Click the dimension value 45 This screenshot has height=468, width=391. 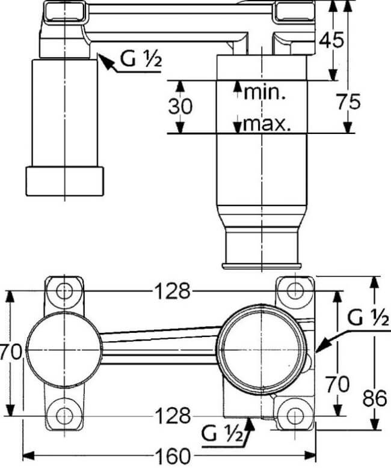[x=331, y=40]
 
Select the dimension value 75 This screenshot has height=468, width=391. [x=348, y=102]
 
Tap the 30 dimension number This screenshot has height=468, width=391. [x=180, y=106]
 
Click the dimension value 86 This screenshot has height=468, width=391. [x=375, y=398]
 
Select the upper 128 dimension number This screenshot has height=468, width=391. [x=173, y=291]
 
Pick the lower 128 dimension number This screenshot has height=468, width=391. [x=173, y=416]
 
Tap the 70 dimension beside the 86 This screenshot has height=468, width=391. [x=337, y=384]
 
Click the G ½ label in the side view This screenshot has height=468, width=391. [x=141, y=59]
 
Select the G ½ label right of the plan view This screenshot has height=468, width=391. [x=368, y=318]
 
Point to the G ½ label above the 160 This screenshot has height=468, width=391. [x=222, y=433]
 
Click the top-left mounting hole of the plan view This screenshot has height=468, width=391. [x=64, y=291]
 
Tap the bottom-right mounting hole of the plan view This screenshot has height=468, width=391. [x=294, y=416]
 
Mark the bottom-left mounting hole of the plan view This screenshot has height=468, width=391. [x=64, y=416]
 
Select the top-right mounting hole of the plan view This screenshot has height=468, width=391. [x=294, y=291]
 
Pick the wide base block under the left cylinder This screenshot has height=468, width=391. [x=64, y=181]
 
